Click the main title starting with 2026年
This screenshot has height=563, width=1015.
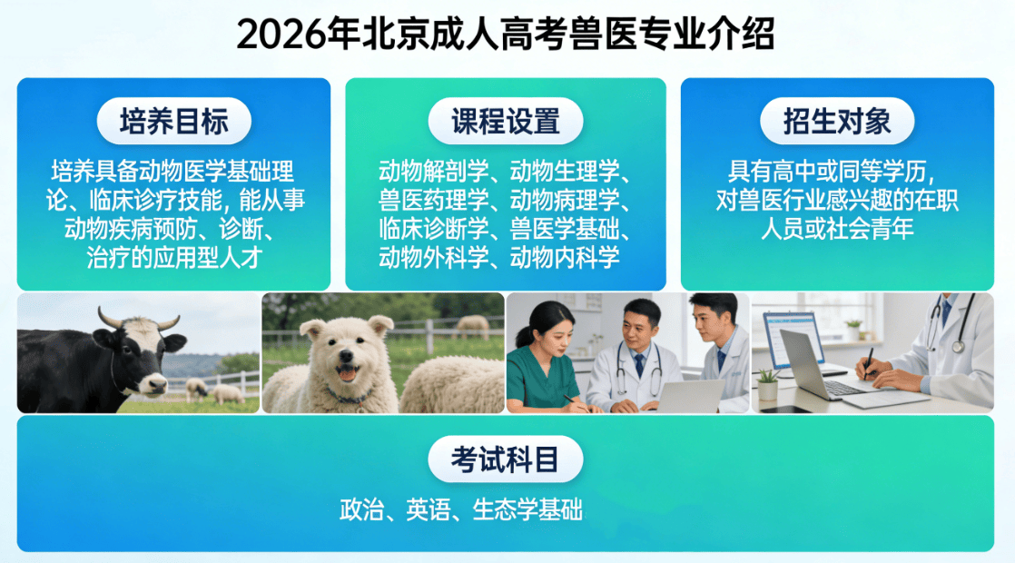506,35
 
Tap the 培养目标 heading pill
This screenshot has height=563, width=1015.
174,121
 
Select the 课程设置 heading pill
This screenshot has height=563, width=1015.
506,121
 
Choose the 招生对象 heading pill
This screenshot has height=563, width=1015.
837,121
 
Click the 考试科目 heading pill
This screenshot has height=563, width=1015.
506,459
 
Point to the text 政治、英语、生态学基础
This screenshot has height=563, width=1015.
461,510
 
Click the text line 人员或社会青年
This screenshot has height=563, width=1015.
837,229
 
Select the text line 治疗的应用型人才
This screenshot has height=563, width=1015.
174,258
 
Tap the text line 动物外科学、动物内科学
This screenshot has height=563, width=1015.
499,258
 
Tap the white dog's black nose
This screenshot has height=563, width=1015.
346,357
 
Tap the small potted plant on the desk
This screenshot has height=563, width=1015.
767,384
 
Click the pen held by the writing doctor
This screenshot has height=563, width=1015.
867,363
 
